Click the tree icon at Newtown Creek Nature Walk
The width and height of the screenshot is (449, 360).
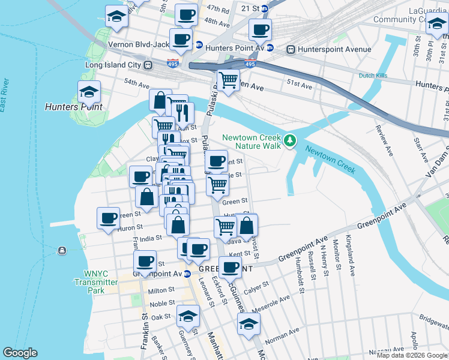(x=291, y=141)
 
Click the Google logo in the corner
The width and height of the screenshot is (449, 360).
(x=20, y=353)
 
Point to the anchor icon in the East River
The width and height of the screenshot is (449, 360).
(x=62, y=250)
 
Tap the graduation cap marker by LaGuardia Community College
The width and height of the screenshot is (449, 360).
(x=436, y=25)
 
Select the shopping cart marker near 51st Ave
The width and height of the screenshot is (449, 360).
(x=228, y=80)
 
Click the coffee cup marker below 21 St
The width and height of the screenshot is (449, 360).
(x=260, y=29)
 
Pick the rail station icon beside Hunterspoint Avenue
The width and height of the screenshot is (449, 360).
(x=292, y=49)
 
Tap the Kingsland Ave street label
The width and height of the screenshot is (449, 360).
(x=350, y=255)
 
